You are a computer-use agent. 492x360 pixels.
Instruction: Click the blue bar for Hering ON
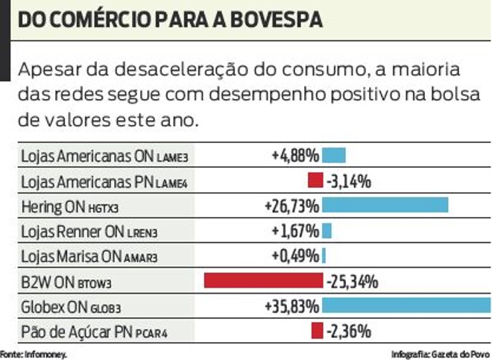pyautogui.click(x=385, y=205)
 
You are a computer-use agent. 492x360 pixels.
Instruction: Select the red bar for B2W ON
pyautogui.click(x=262, y=281)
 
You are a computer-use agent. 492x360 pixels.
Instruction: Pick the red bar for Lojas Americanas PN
pyautogui.click(x=315, y=180)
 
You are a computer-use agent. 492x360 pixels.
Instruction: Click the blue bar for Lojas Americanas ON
pyautogui.click(x=334, y=156)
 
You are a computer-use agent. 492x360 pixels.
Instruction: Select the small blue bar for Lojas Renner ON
pyautogui.click(x=327, y=230)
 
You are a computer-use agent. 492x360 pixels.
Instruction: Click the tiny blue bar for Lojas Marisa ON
pyautogui.click(x=324, y=256)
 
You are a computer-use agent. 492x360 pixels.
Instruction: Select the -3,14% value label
pyautogui.click(x=349, y=180)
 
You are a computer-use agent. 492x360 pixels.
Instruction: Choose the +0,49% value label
pyautogui.click(x=296, y=256)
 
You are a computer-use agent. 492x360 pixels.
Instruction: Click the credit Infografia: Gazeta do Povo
pyautogui.click(x=440, y=354)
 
